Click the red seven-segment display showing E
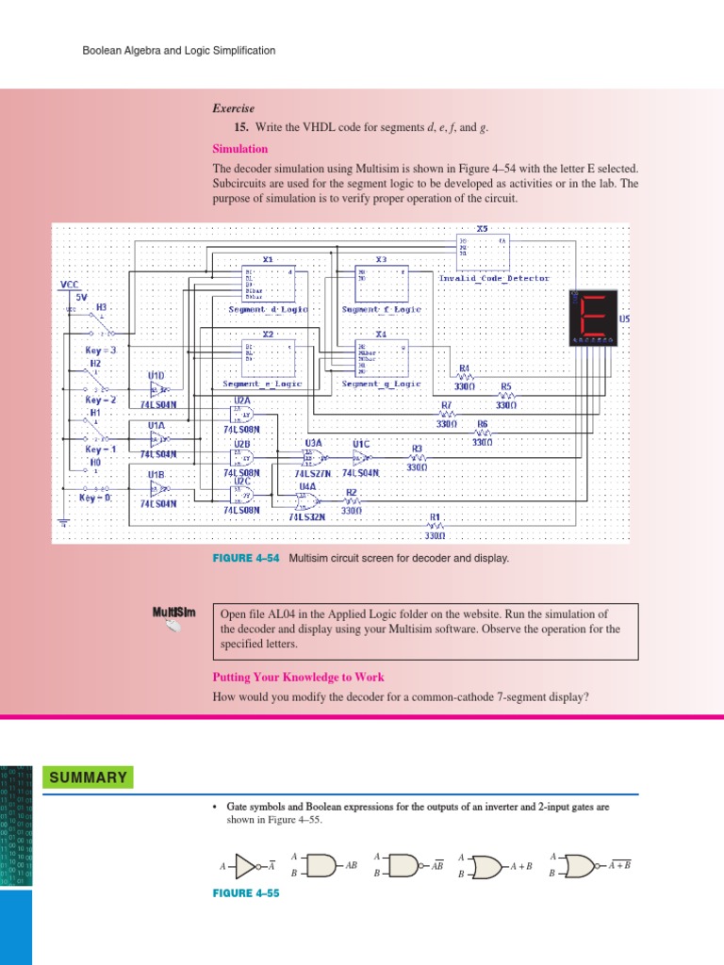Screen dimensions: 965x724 click(593, 317)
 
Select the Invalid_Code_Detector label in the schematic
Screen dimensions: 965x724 click(494, 278)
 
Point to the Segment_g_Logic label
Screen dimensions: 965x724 click(381, 384)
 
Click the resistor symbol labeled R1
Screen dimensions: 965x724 click(436, 526)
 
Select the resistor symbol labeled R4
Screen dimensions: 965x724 click(464, 377)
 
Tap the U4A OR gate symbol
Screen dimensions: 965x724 click(308, 500)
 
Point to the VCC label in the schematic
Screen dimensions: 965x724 click(71, 284)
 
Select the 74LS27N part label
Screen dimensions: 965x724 click(312, 473)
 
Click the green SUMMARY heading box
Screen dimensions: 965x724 click(88, 777)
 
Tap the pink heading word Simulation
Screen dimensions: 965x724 click(239, 149)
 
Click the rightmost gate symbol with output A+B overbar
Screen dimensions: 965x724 click(581, 865)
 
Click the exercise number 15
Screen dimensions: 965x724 click(240, 127)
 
